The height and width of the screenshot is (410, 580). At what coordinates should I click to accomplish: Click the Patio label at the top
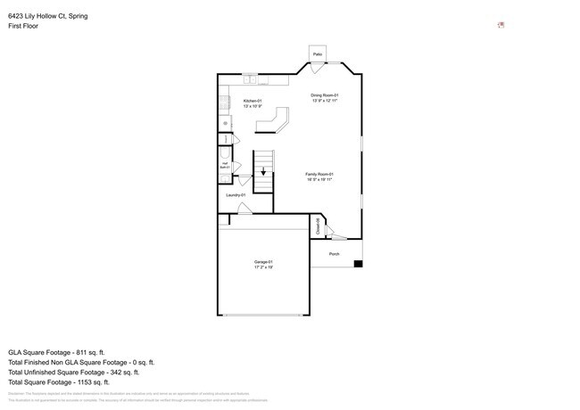click(317, 54)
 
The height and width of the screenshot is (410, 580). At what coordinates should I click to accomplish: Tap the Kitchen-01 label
click(253, 102)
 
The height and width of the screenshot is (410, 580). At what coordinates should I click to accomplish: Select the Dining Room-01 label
click(324, 95)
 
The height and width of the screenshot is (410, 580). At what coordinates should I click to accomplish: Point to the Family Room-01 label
click(319, 174)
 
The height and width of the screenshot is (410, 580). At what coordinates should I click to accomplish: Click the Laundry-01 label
click(236, 194)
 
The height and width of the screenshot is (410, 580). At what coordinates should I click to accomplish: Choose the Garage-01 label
click(263, 261)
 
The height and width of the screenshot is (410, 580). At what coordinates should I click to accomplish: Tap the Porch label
click(335, 254)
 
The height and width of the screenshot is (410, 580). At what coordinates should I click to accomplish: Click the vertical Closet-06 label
click(319, 225)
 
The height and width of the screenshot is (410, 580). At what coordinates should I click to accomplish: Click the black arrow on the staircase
click(263, 173)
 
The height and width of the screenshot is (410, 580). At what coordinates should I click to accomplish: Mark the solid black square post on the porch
click(359, 263)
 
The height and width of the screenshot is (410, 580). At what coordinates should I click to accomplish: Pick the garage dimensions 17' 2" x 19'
click(263, 266)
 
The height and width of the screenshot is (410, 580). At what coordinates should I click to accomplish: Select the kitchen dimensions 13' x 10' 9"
click(253, 107)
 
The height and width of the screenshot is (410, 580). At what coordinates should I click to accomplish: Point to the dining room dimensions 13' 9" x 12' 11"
click(324, 101)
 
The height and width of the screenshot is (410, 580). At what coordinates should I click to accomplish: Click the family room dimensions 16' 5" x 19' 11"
click(319, 179)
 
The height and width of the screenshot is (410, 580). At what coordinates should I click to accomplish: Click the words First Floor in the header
click(23, 26)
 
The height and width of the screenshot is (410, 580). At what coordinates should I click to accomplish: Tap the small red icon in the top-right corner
click(501, 24)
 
